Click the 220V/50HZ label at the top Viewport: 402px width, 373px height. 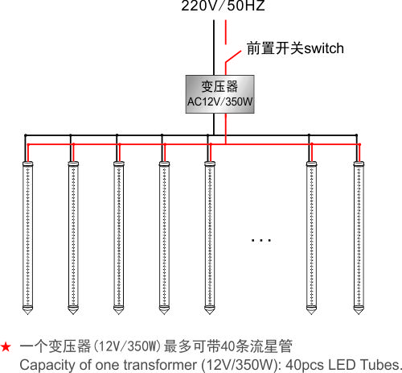pos(223,6)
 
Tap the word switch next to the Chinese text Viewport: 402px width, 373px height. pos(324,48)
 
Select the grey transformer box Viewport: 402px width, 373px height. pos(219,94)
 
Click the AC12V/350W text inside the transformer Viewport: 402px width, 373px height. pos(219,102)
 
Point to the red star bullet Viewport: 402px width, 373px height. pos(6,346)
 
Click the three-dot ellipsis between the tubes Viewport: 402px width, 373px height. pos(261,240)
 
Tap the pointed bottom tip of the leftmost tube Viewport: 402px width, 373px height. pos(27,314)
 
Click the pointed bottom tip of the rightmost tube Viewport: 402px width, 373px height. pos(359,313)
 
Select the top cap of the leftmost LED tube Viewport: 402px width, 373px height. pos(28,164)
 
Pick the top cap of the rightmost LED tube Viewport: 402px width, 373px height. pos(359,164)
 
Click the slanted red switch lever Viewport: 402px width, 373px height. pos(233,56)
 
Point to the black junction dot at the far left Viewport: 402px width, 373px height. pos(26,135)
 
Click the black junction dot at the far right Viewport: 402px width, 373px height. pos(356,135)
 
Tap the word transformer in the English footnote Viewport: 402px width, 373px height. pos(160,365)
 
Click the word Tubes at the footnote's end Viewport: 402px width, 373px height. pos(380,365)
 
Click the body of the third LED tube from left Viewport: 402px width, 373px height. pos(119,236)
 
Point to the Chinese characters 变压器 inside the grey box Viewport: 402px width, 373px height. pos(219,86)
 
